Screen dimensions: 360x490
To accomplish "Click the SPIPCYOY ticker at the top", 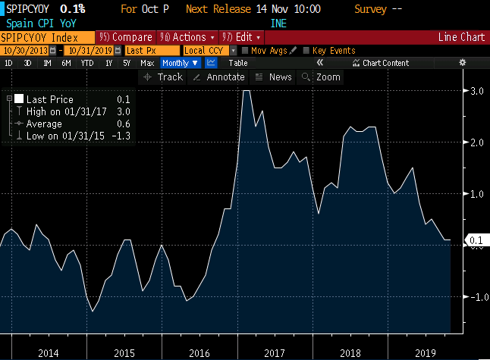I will tap(28, 10).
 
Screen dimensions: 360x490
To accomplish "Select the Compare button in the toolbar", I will tap(127, 37).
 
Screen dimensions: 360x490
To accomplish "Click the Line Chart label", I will tap(461, 37).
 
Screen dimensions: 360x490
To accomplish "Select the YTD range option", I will tap(86, 63).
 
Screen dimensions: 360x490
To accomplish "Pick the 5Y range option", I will tap(126, 63).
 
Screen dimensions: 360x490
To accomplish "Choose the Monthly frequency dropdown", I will tap(181, 63).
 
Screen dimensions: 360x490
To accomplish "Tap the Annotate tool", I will tap(220, 77).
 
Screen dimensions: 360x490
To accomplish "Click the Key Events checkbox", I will tap(307, 51).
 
